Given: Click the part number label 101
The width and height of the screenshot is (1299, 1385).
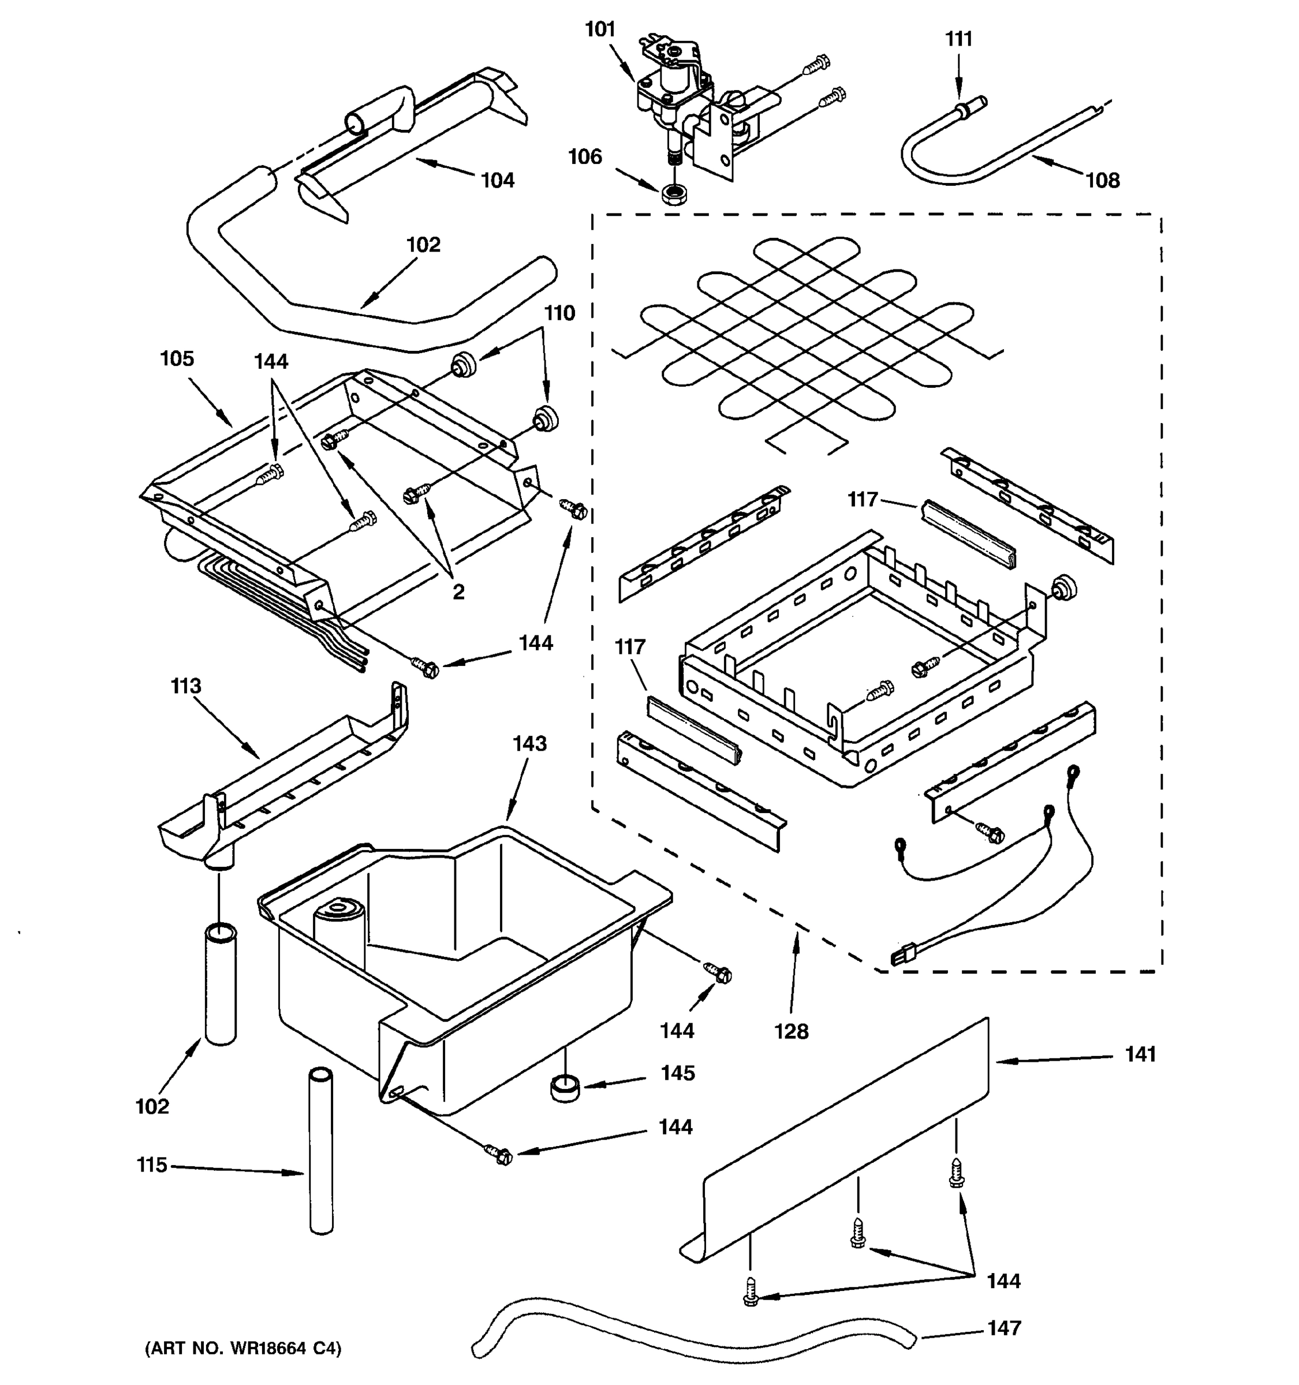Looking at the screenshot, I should click(599, 30).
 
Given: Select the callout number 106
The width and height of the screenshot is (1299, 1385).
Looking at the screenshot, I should click(585, 157).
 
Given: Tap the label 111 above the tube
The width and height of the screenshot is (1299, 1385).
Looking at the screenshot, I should click(958, 39).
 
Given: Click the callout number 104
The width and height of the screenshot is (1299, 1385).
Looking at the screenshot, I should click(497, 181).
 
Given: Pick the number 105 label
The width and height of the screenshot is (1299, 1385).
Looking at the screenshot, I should click(176, 359).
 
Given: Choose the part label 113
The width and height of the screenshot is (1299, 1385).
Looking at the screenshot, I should click(185, 686).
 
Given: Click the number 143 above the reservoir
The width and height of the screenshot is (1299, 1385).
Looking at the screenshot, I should click(529, 744).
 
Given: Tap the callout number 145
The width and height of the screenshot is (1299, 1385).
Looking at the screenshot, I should click(677, 1073).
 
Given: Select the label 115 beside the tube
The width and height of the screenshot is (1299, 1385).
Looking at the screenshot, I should click(151, 1166).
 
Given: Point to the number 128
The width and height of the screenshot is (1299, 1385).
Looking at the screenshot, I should click(791, 1032).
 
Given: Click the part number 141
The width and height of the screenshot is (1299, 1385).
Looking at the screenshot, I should click(1140, 1055).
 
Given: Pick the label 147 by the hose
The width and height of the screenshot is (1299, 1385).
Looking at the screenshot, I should click(1003, 1329).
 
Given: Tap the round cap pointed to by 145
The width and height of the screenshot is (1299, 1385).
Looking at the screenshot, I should click(565, 1088).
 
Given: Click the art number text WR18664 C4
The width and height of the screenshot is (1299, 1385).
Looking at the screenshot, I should click(242, 1349).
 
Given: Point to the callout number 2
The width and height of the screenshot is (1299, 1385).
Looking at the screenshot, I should click(458, 592).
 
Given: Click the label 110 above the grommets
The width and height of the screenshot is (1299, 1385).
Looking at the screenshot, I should click(559, 313).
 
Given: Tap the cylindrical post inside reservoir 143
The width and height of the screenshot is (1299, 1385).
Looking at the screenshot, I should click(339, 934).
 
